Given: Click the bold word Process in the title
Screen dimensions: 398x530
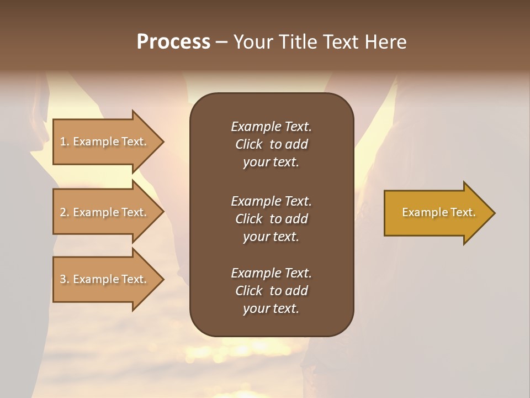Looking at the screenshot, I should [173, 42].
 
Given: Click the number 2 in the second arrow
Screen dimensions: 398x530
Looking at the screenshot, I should [63, 212].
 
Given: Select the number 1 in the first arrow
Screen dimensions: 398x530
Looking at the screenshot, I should [63, 142].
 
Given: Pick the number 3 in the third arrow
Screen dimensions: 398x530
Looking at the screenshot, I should [63, 279].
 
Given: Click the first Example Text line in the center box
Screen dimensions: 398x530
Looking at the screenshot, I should [271, 127].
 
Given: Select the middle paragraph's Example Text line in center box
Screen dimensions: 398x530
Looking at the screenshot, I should [271, 201].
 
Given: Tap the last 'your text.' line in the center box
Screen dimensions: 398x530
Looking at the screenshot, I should [271, 308].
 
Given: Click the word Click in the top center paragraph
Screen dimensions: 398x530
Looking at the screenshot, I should [248, 144].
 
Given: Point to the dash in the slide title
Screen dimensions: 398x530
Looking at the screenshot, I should [221, 42].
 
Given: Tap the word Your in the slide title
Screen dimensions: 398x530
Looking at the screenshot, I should [251, 42].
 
